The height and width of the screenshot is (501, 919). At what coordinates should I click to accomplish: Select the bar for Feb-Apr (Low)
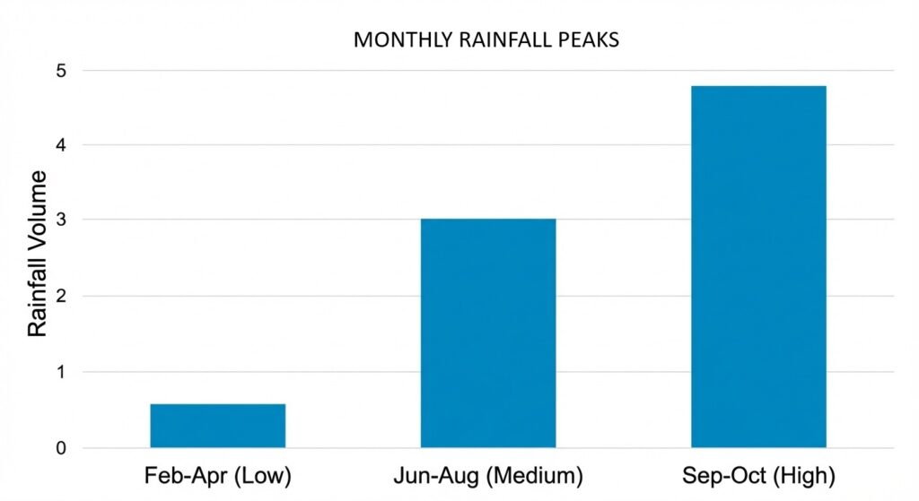(x=217, y=425)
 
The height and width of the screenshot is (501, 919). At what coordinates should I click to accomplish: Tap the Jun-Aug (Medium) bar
(x=488, y=333)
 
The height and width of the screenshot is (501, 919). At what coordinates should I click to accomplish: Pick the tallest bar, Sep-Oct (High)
(x=758, y=266)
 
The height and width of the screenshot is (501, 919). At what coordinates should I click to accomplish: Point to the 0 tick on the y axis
(x=61, y=448)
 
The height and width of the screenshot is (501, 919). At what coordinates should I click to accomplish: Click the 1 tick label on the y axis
(x=61, y=372)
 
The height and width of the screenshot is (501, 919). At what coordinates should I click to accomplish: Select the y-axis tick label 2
(x=61, y=296)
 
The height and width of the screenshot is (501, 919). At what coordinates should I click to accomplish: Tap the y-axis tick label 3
(x=61, y=220)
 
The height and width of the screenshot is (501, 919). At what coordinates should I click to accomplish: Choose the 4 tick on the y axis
(x=61, y=144)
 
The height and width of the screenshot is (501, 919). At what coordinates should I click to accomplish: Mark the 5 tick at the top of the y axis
(x=61, y=70)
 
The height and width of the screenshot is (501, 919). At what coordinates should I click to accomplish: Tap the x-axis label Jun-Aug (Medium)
(x=488, y=475)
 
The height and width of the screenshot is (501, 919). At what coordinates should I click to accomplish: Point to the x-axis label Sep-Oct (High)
(x=758, y=475)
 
